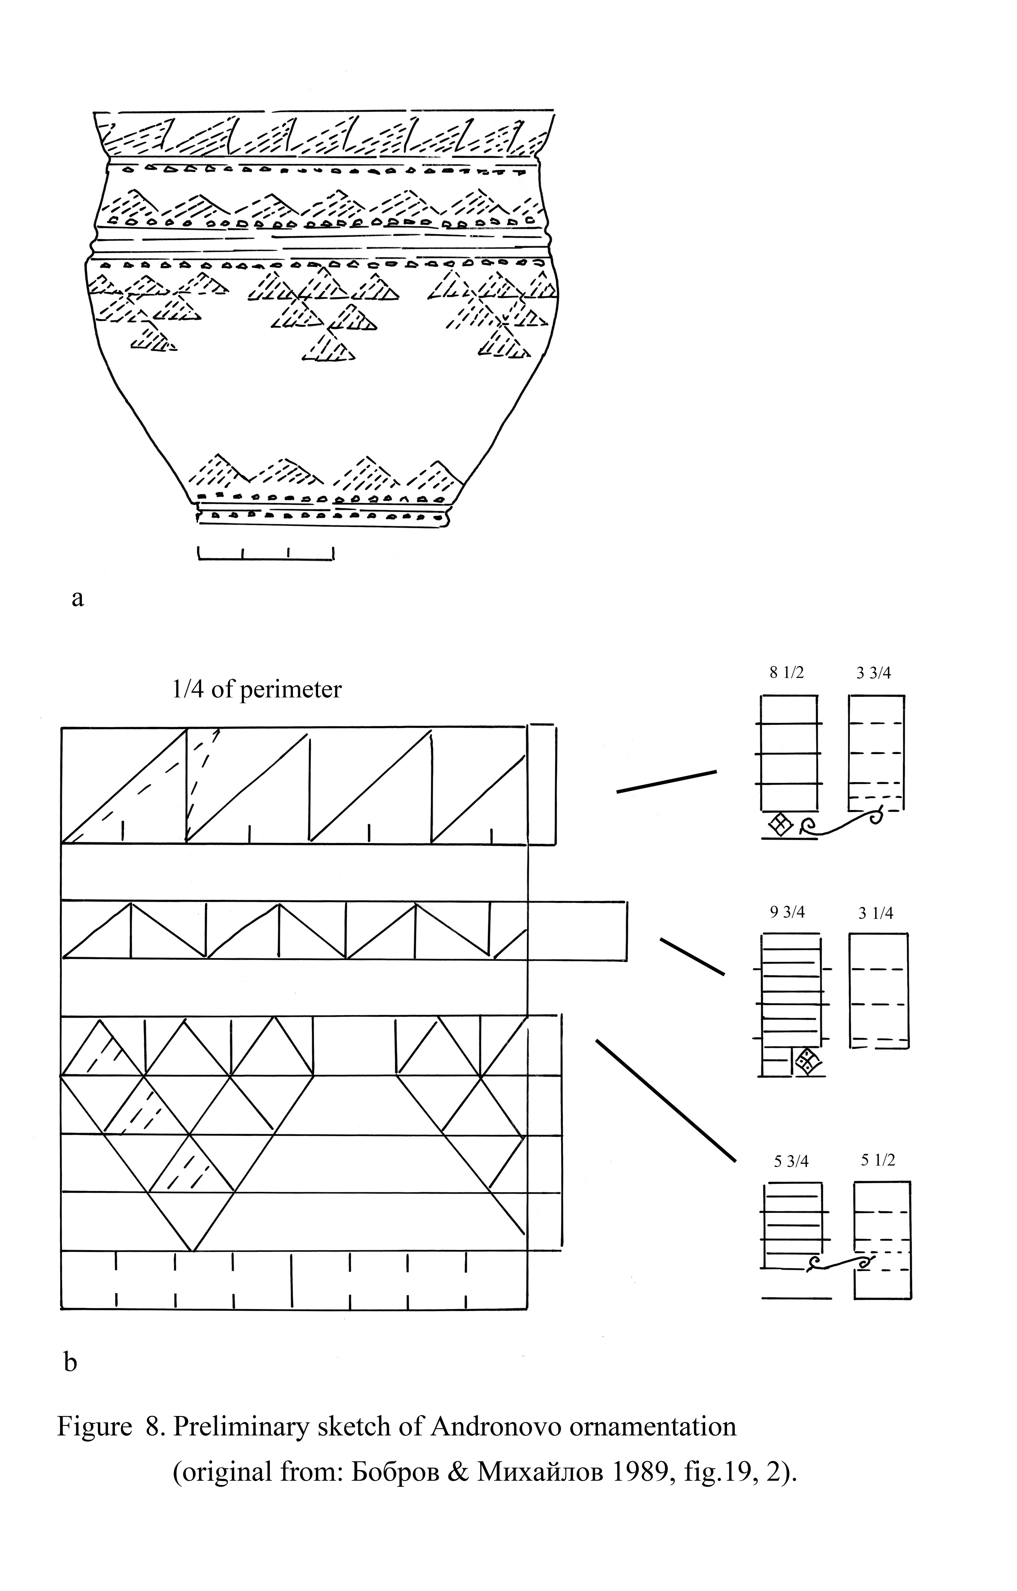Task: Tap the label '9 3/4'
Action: (787, 913)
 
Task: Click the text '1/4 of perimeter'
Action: (256, 689)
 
